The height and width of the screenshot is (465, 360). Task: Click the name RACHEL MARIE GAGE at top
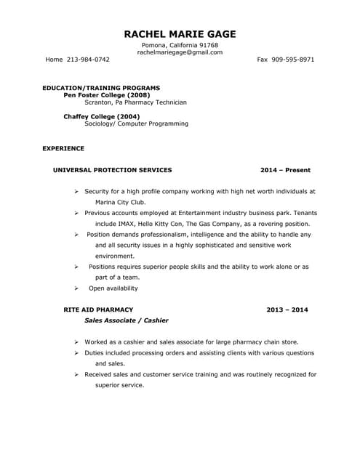[180, 34]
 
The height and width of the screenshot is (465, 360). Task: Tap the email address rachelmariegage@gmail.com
[180, 52]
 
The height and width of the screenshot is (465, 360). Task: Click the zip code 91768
[207, 45]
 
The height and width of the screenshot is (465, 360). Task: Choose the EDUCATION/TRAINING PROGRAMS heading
[101, 87]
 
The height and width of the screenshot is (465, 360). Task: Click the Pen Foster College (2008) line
[107, 95]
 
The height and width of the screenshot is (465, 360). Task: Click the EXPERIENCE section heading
[63, 148]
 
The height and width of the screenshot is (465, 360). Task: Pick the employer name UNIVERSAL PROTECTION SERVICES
[113, 170]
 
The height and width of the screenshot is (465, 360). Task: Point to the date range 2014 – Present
[285, 170]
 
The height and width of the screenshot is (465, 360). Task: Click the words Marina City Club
[111, 202]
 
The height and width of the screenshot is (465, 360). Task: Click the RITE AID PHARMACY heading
[98, 310]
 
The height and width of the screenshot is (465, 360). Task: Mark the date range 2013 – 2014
[287, 310]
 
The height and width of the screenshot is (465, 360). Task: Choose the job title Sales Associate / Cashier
[127, 320]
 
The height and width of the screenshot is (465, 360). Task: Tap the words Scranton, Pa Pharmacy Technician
[135, 102]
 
